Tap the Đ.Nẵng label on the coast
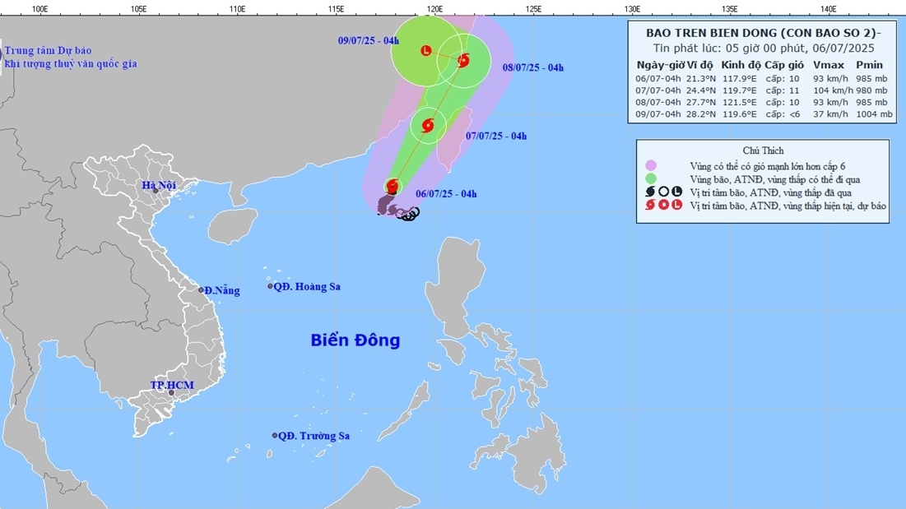tap(222, 290)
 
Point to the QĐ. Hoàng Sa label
tap(308, 287)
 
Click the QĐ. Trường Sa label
tap(314, 436)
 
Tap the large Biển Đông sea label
tap(355, 340)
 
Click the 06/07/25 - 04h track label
tap(446, 194)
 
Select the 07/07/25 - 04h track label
tap(495, 136)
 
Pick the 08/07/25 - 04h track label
tap(532, 67)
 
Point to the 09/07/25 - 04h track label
tap(369, 40)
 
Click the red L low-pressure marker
tap(425, 51)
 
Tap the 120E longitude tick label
tap(434, 8)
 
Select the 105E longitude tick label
tap(138, 8)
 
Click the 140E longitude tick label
tap(829, 8)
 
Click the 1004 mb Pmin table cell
tap(874, 115)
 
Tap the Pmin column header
tap(869, 65)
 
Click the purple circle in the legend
tap(651, 165)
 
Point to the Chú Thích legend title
tap(763, 150)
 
